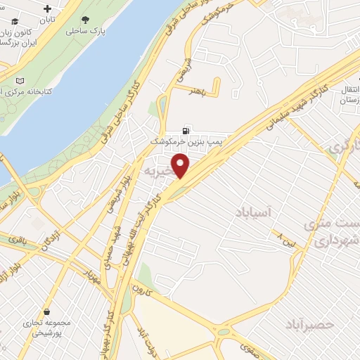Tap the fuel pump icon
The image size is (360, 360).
(185, 130)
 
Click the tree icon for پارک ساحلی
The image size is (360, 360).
(85, 20)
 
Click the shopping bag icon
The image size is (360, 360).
(46, 311)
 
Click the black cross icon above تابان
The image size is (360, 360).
(46, 10)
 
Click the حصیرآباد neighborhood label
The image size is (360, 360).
(309, 324)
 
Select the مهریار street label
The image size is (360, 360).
(92, 279)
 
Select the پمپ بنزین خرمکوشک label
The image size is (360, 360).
(180, 141)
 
